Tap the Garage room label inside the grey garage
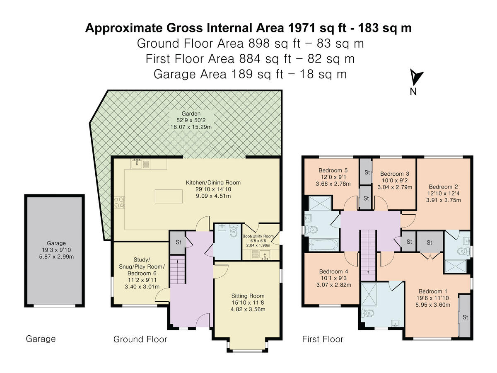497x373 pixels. (x=56, y=243)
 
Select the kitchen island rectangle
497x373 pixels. (x=169, y=196)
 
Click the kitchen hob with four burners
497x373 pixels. (x=119, y=203)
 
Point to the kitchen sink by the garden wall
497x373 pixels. (x=137, y=164)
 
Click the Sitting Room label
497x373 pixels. (x=248, y=296)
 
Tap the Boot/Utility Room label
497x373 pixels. (x=258, y=236)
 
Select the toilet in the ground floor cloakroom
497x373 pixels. (x=233, y=230)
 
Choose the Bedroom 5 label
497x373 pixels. (x=333, y=170)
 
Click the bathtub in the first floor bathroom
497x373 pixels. (x=323, y=245)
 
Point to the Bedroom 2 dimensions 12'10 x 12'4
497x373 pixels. (x=443, y=194)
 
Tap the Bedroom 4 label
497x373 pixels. (x=334, y=271)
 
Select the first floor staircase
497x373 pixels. (x=368, y=255)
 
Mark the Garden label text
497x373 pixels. (x=191, y=114)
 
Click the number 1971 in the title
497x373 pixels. (x=302, y=28)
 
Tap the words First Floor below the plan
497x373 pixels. (x=323, y=339)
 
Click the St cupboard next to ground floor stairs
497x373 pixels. (x=178, y=242)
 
